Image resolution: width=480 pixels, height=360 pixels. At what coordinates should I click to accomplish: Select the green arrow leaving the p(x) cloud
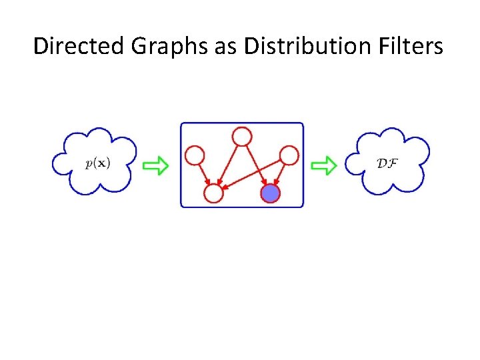coord(157,166)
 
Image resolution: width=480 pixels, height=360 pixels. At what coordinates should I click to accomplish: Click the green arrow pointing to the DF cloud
coord(325,166)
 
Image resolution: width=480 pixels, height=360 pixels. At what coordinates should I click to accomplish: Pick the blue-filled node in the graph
coord(270,193)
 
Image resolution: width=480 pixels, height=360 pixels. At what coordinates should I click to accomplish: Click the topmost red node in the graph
coord(241,137)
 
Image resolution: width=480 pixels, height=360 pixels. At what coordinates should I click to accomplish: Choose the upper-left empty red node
coord(194,156)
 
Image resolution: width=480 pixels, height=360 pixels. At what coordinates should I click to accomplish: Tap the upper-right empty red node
coord(289,156)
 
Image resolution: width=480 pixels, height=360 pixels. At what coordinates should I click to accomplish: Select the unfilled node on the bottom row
coord(213,193)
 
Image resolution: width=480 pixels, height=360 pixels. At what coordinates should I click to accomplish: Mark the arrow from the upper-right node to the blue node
coord(280,173)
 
